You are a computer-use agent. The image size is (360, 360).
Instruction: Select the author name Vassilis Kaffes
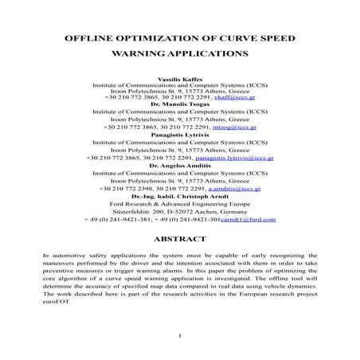(181, 79)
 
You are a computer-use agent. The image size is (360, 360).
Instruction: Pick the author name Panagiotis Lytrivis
(181, 134)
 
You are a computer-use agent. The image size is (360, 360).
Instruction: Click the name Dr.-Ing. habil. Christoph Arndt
(181, 196)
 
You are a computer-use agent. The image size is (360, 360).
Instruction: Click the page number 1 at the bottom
(181, 335)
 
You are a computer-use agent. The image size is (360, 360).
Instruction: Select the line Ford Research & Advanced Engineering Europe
(181, 203)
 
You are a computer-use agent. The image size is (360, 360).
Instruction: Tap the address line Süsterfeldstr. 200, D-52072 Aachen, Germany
(181, 210)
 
